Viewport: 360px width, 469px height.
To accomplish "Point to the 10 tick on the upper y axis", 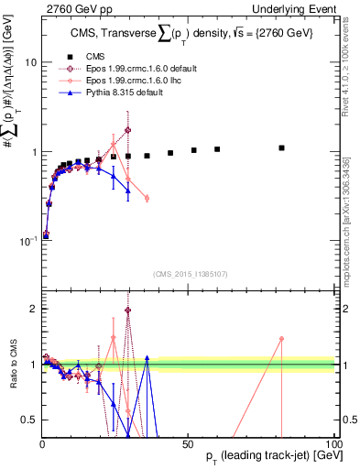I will pos(30,62).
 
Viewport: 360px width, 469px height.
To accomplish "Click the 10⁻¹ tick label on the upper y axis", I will pos(27,241).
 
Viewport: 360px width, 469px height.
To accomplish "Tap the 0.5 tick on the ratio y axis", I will pos(28,420).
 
